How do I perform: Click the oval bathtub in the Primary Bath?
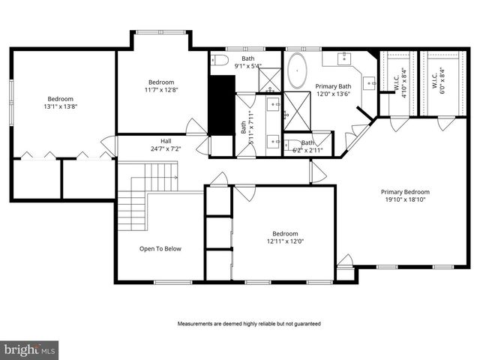click(298, 69)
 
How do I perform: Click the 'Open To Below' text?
click(160, 248)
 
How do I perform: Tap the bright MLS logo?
click(29, 349)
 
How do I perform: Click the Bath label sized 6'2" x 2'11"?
click(308, 146)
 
